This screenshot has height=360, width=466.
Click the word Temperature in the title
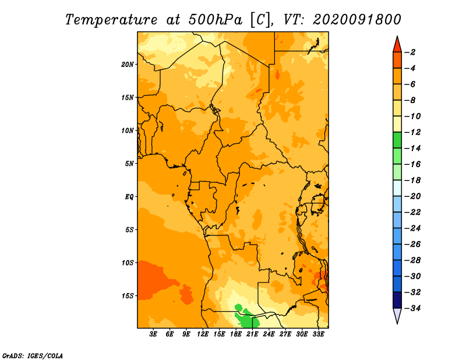pos(111,20)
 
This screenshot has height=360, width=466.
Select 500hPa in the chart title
pos(216,20)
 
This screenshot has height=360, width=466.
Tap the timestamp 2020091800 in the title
pos(357,20)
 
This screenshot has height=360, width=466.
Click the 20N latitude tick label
pos(128,65)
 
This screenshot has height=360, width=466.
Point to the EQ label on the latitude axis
pos(129,197)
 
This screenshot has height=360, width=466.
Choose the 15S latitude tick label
pos(128,296)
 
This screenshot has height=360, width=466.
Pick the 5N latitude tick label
pos(129,164)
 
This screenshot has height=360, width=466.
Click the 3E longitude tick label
pos(153,334)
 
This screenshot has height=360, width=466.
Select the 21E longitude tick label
pos(252,334)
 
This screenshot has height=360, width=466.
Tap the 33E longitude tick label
pos(318,334)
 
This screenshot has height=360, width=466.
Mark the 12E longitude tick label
pos(203,334)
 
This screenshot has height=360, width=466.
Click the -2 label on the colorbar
pos(412,52)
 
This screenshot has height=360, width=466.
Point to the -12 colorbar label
pos(413,132)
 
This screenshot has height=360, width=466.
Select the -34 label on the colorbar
pos(413,308)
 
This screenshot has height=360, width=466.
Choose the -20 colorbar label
pos(413,196)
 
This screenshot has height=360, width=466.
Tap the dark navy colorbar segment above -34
pos(397,300)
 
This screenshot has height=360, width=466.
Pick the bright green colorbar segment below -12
pos(397,140)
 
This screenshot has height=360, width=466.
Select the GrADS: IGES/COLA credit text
pos(33,356)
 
